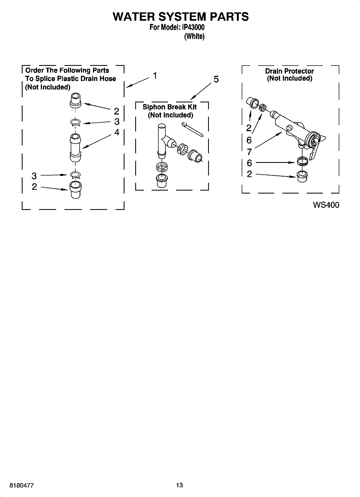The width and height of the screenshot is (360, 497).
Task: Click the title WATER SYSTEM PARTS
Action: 181,17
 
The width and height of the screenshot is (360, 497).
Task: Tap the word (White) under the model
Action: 194,36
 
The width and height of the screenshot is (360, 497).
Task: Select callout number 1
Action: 155,76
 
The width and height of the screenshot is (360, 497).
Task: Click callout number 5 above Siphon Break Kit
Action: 216,79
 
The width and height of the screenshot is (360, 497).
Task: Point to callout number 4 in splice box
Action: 117,132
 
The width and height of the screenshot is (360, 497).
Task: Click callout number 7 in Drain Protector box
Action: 249,152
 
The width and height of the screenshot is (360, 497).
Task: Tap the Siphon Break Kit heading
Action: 170,107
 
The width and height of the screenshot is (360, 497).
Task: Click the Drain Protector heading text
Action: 290,71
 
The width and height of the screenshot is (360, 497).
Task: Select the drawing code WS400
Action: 326,205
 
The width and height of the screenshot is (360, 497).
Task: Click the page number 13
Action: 180,485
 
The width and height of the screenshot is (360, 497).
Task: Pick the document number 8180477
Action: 22,485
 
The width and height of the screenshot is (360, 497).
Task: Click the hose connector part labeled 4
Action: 76,148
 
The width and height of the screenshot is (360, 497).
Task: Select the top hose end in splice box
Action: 76,100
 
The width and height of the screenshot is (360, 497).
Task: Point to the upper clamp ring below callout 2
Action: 76,123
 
